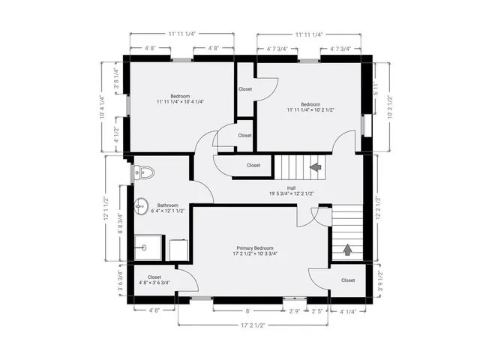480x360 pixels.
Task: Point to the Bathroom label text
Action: [x=167, y=205]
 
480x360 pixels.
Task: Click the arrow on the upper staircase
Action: [x=315, y=166]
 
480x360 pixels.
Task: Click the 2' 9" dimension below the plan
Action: [x=295, y=310]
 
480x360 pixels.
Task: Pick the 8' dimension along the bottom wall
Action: [x=247, y=310]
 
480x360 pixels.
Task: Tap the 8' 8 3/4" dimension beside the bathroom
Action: [x=120, y=229]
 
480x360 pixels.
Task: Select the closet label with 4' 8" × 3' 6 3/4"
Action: [x=154, y=280]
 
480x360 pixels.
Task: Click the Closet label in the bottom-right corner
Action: [x=348, y=280]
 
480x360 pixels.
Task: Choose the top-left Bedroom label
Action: [x=180, y=96]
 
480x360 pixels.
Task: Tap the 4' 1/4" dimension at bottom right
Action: [x=347, y=310]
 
